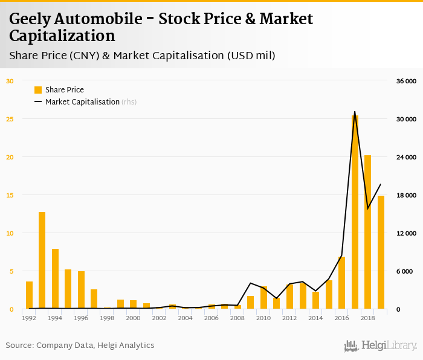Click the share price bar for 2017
(x=355, y=212)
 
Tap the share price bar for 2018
(x=367, y=232)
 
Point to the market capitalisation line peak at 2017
(x=355, y=112)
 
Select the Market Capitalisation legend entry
(x=82, y=102)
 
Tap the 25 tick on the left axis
(x=10, y=119)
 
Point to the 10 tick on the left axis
(x=10, y=233)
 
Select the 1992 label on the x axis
(x=29, y=318)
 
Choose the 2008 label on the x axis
(x=237, y=318)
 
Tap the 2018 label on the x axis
(x=367, y=318)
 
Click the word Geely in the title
(x=30, y=19)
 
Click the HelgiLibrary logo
(x=380, y=346)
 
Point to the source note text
(x=80, y=346)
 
